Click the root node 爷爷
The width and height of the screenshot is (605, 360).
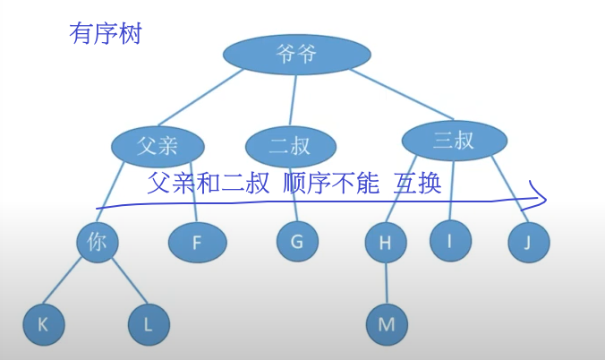click(x=296, y=55)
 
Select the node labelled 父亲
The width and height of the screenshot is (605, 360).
click(x=158, y=146)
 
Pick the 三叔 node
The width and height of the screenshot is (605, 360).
click(x=454, y=140)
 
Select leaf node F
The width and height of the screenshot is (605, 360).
click(x=199, y=242)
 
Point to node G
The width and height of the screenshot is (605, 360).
click(x=296, y=241)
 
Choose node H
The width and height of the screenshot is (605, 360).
click(x=386, y=242)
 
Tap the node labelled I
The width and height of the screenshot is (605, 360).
click(x=451, y=239)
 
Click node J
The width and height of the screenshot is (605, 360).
click(x=528, y=242)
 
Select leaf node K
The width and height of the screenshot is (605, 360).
click(x=44, y=325)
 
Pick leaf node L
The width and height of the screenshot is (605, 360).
click(x=149, y=325)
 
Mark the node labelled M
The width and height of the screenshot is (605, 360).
click(x=387, y=324)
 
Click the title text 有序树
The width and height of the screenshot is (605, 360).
click(x=105, y=35)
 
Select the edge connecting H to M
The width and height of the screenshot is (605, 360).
click(x=386, y=283)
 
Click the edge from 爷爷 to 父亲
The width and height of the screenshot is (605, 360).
click(x=201, y=100)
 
